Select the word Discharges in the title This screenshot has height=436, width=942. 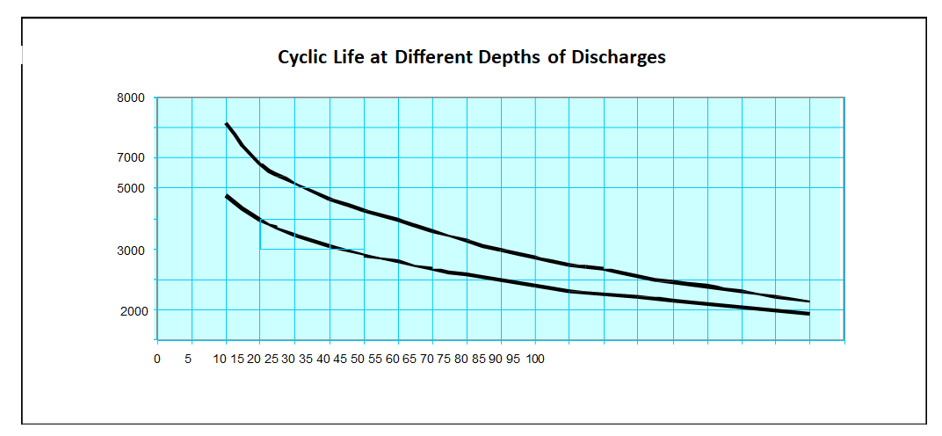click(619, 58)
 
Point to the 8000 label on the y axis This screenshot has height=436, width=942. click(131, 98)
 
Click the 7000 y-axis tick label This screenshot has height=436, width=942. click(131, 158)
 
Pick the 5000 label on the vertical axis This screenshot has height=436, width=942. click(131, 188)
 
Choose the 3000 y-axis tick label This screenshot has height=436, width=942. click(131, 250)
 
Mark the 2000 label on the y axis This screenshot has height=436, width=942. click(131, 310)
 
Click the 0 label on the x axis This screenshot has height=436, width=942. click(156, 359)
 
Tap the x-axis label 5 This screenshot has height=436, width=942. click(188, 359)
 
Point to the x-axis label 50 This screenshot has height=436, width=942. click(358, 359)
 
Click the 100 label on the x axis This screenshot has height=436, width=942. click(535, 359)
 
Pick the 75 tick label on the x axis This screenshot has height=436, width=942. click(444, 359)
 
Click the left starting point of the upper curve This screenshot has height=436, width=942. click(226, 124)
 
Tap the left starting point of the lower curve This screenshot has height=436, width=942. click(226, 195)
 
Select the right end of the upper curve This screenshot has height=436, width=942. click(808, 302)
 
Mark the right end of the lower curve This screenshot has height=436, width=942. click(808, 314)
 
